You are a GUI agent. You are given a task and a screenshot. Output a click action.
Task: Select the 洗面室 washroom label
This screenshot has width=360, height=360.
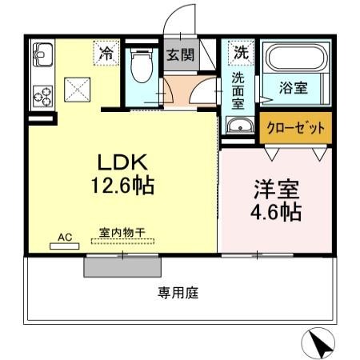tap(239, 90)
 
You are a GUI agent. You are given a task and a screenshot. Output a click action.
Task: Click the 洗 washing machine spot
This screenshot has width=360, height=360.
tap(239, 54)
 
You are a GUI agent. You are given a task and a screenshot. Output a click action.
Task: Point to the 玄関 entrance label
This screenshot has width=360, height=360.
tap(178, 55)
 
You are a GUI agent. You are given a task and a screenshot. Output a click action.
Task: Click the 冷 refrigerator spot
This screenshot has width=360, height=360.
tap(106, 54)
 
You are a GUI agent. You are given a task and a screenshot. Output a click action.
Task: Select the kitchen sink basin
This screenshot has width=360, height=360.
tap(42, 57)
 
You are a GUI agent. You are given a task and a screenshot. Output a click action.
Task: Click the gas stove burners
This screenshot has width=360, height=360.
tap(42, 97)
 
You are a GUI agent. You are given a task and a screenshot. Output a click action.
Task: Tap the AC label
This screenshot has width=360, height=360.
tap(65, 238)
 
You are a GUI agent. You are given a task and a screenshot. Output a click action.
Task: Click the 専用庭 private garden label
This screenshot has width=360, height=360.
tap(178, 293)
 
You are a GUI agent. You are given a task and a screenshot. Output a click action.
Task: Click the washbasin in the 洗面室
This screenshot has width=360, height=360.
tap(238, 126)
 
